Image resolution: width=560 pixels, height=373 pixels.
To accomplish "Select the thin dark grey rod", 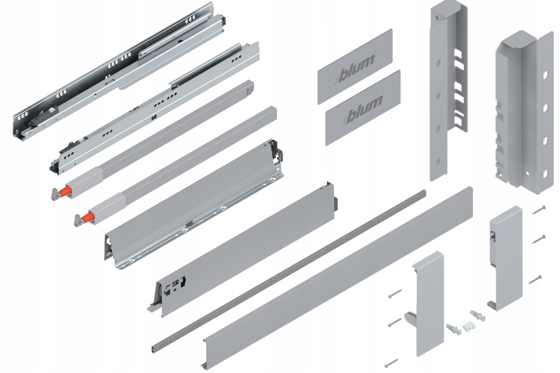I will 289,270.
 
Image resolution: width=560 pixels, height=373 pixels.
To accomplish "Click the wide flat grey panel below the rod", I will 336,275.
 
